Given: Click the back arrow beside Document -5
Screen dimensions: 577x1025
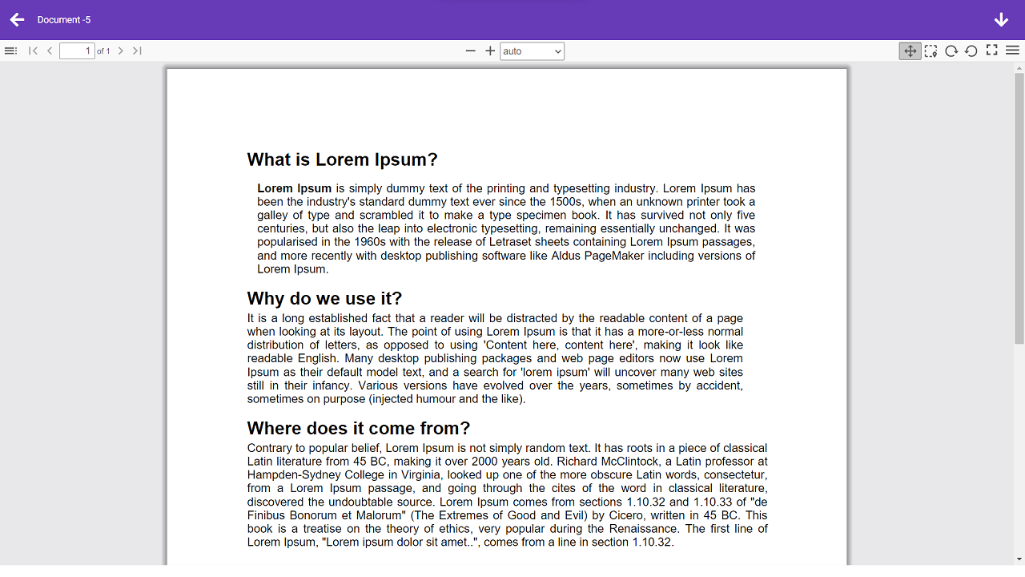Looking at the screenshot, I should [18, 19].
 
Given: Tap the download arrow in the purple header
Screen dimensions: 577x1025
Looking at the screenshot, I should [1001, 20].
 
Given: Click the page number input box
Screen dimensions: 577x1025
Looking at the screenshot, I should [77, 51].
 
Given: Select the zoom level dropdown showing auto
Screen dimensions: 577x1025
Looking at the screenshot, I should [532, 51].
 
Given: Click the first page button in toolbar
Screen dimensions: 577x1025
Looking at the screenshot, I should [33, 51].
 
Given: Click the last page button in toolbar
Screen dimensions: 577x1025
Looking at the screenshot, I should [137, 51].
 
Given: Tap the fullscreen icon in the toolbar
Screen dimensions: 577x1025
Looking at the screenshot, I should [991, 50].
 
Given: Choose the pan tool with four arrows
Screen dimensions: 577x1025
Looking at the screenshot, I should [910, 51].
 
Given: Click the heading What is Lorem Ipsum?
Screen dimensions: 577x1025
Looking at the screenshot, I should [342, 159].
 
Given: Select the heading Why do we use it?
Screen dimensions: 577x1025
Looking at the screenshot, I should [324, 298].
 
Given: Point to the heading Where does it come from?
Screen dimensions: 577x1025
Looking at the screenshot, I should [358, 428].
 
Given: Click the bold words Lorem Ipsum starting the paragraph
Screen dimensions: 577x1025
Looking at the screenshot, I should [294, 188].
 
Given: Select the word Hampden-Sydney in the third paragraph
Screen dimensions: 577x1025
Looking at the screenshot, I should [287, 474].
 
